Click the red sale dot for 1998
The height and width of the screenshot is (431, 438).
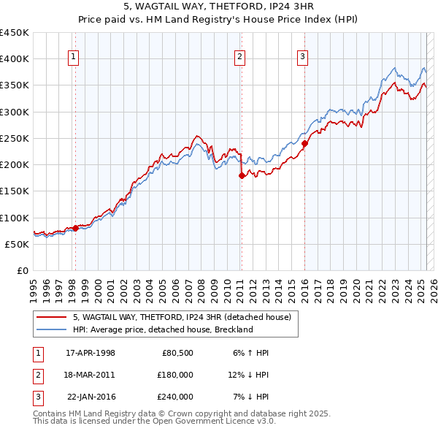(75, 228)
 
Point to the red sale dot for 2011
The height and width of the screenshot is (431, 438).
(241, 175)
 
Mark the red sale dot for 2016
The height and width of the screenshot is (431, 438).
(304, 144)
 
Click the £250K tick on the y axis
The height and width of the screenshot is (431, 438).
(15, 138)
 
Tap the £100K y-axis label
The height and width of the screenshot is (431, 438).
(15, 218)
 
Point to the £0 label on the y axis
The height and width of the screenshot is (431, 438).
(23, 270)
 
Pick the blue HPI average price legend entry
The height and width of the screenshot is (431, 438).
(162, 329)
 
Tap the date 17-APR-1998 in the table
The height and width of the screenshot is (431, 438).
(91, 353)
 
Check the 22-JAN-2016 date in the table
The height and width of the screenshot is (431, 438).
(91, 397)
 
